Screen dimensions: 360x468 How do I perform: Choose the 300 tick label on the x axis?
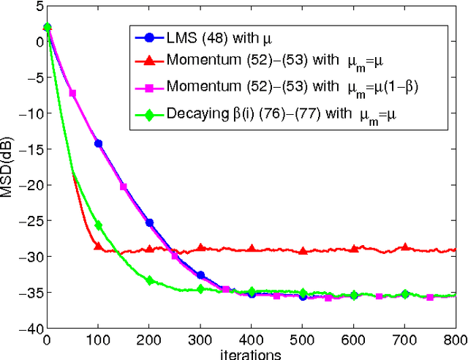200,340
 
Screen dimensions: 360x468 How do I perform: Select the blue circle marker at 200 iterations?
149,222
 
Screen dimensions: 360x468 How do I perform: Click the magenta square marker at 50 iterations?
72,93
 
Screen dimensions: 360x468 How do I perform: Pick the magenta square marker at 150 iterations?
124,187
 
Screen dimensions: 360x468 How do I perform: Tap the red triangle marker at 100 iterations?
98,246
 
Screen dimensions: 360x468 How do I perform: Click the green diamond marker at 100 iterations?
98,225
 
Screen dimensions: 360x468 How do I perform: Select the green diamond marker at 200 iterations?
149,280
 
